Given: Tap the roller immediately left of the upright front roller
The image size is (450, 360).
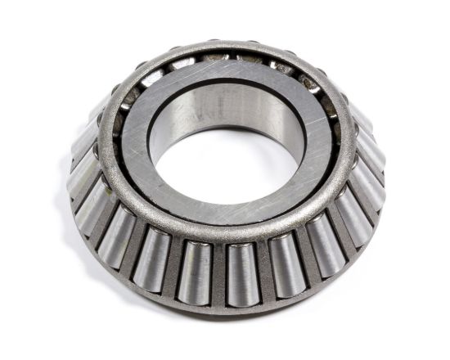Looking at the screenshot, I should pos(196,270).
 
